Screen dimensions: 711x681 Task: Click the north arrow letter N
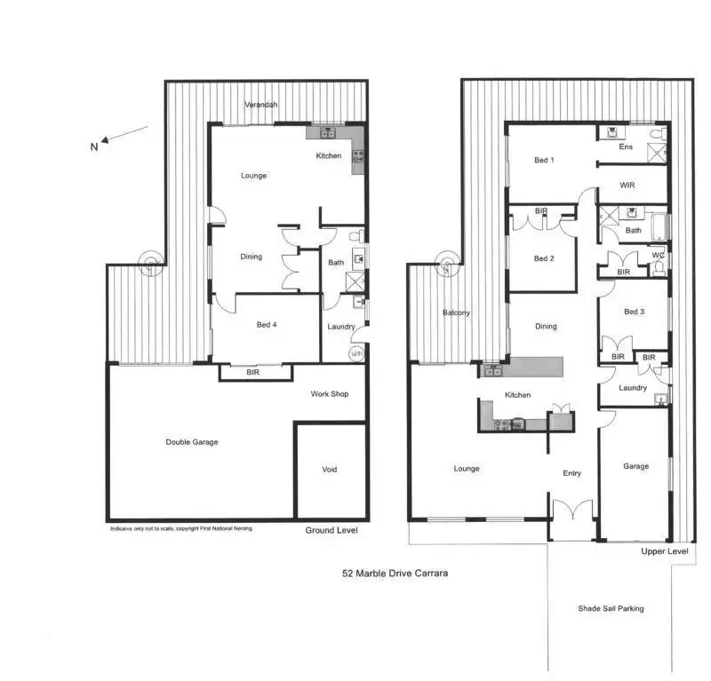[94, 148]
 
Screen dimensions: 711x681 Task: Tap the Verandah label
[261, 105]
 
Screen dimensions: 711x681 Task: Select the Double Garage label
[192, 441]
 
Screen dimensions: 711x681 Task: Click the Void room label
[330, 470]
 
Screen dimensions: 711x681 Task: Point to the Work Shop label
[329, 393]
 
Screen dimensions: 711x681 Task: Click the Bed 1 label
[544, 161]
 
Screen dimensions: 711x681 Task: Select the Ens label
[626, 147]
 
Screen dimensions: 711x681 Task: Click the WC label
[659, 257]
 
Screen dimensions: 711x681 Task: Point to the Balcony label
[456, 313]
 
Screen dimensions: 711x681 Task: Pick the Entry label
[572, 473]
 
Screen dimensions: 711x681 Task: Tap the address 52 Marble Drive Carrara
[395, 574]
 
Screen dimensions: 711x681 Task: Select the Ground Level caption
[332, 530]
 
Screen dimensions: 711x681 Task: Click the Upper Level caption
[665, 551]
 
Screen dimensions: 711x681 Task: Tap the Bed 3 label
[634, 312]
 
